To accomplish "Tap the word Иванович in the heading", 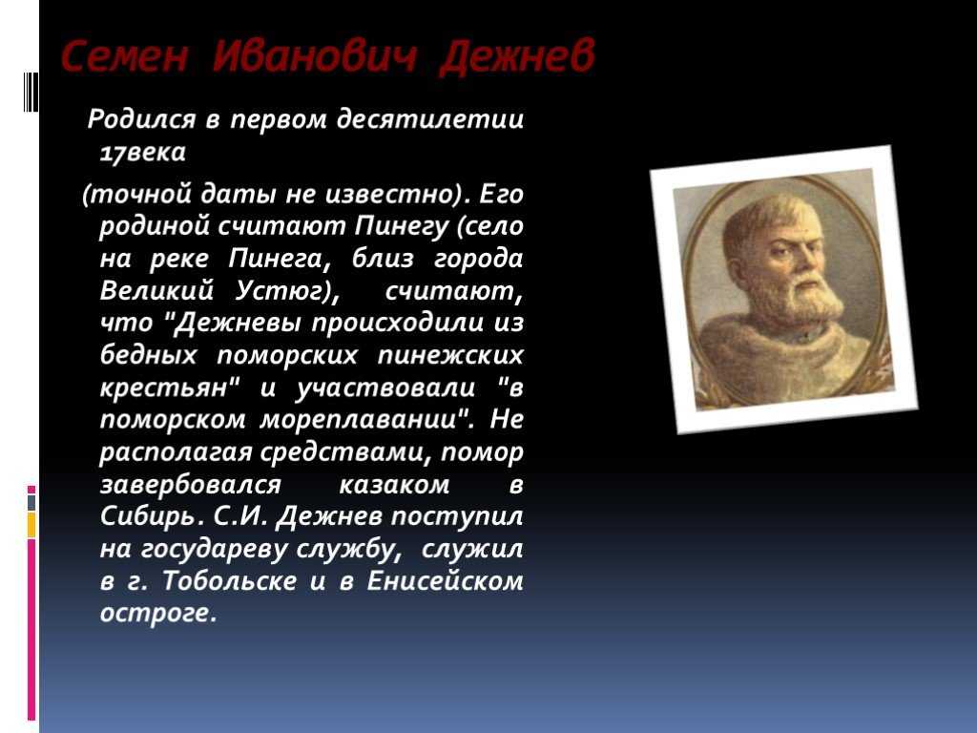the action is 314,56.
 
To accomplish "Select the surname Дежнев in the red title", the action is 517,57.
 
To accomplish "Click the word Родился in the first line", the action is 141,118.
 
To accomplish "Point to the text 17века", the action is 143,152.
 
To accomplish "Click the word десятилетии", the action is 430,119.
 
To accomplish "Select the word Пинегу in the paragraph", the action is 402,226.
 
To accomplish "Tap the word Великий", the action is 156,290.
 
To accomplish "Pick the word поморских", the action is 287,355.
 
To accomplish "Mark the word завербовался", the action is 190,484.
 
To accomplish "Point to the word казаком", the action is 394,484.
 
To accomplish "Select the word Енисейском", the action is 445,581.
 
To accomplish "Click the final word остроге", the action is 158,614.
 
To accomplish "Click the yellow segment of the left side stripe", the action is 31,526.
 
